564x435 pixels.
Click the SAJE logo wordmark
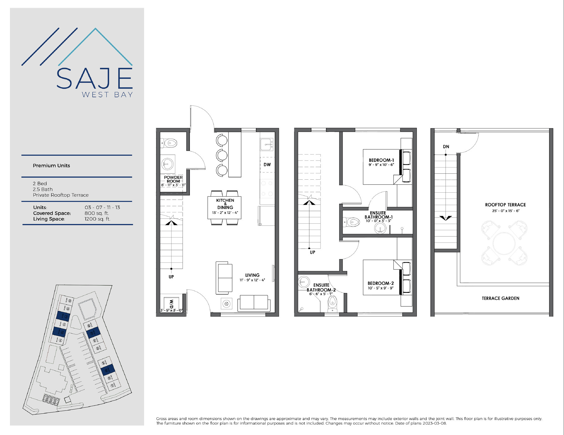click(x=95, y=79)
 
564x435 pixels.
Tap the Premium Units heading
click(x=52, y=166)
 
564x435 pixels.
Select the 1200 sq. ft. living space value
click(x=97, y=219)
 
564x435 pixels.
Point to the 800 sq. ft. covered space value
click(x=97, y=213)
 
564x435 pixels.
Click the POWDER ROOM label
click(x=173, y=179)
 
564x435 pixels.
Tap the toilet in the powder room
click(x=169, y=143)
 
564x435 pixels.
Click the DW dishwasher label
click(x=267, y=165)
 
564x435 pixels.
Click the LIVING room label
click(x=252, y=275)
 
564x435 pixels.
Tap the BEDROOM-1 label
click(x=381, y=160)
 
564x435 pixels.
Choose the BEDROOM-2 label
click(x=380, y=283)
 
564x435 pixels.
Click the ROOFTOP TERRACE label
click(x=505, y=205)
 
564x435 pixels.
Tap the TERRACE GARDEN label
click(x=500, y=298)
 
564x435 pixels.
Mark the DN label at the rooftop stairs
click(x=446, y=147)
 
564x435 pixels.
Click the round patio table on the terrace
click(x=504, y=243)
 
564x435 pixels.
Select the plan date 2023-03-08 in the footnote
click(x=434, y=423)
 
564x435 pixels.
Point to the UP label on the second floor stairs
click(x=312, y=253)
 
